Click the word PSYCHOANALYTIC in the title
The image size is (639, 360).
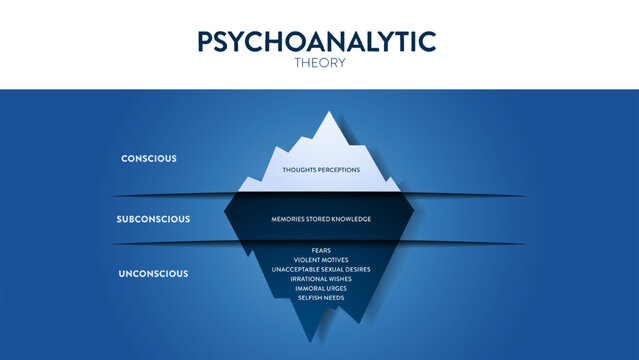pos(317,41)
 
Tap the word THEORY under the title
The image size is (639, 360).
pos(319,62)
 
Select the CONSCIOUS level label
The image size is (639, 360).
pos(149,158)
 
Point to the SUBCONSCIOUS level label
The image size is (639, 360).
pos(153,218)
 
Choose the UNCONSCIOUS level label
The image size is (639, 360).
pos(154,273)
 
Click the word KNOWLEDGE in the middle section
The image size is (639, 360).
pos(350,218)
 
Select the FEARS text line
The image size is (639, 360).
pos(320,250)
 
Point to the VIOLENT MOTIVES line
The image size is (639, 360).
pos(320,260)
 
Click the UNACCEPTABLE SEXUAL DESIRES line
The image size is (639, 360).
pos(320,270)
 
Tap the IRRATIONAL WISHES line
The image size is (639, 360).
pos(320,280)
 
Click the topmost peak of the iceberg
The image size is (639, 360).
pos(327,113)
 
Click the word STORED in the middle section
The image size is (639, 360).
pos(322,218)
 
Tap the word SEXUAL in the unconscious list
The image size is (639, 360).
pos(323,270)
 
